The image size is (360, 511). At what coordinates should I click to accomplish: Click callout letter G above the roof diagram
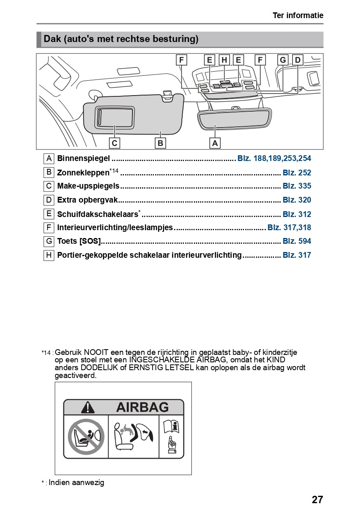point(283,60)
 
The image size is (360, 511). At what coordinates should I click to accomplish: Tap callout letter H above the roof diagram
point(224,60)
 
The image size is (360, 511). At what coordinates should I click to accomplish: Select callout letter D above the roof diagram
point(297,60)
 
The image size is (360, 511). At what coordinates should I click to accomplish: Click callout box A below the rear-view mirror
point(215,143)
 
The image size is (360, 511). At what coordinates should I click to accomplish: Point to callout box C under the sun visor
point(115,143)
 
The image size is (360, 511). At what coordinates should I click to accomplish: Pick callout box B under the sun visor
point(160,143)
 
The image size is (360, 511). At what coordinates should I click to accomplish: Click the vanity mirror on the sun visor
point(115,117)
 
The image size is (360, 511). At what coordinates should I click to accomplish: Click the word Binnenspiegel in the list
point(84,159)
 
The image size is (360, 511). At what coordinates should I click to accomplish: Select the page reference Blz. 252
point(297,173)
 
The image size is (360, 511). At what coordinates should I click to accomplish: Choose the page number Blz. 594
point(297,241)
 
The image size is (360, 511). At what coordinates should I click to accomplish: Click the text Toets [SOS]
point(79,241)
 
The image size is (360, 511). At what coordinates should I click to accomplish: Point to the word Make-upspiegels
point(88,186)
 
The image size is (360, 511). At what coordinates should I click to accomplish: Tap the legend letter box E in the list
point(49,214)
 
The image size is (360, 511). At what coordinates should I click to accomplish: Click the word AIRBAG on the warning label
point(142,407)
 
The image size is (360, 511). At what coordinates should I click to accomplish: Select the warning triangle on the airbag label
point(88,408)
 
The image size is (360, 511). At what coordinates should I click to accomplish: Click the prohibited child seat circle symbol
point(86,436)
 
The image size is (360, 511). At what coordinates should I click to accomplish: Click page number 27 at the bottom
point(317,500)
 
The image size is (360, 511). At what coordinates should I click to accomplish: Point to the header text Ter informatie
point(298,16)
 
